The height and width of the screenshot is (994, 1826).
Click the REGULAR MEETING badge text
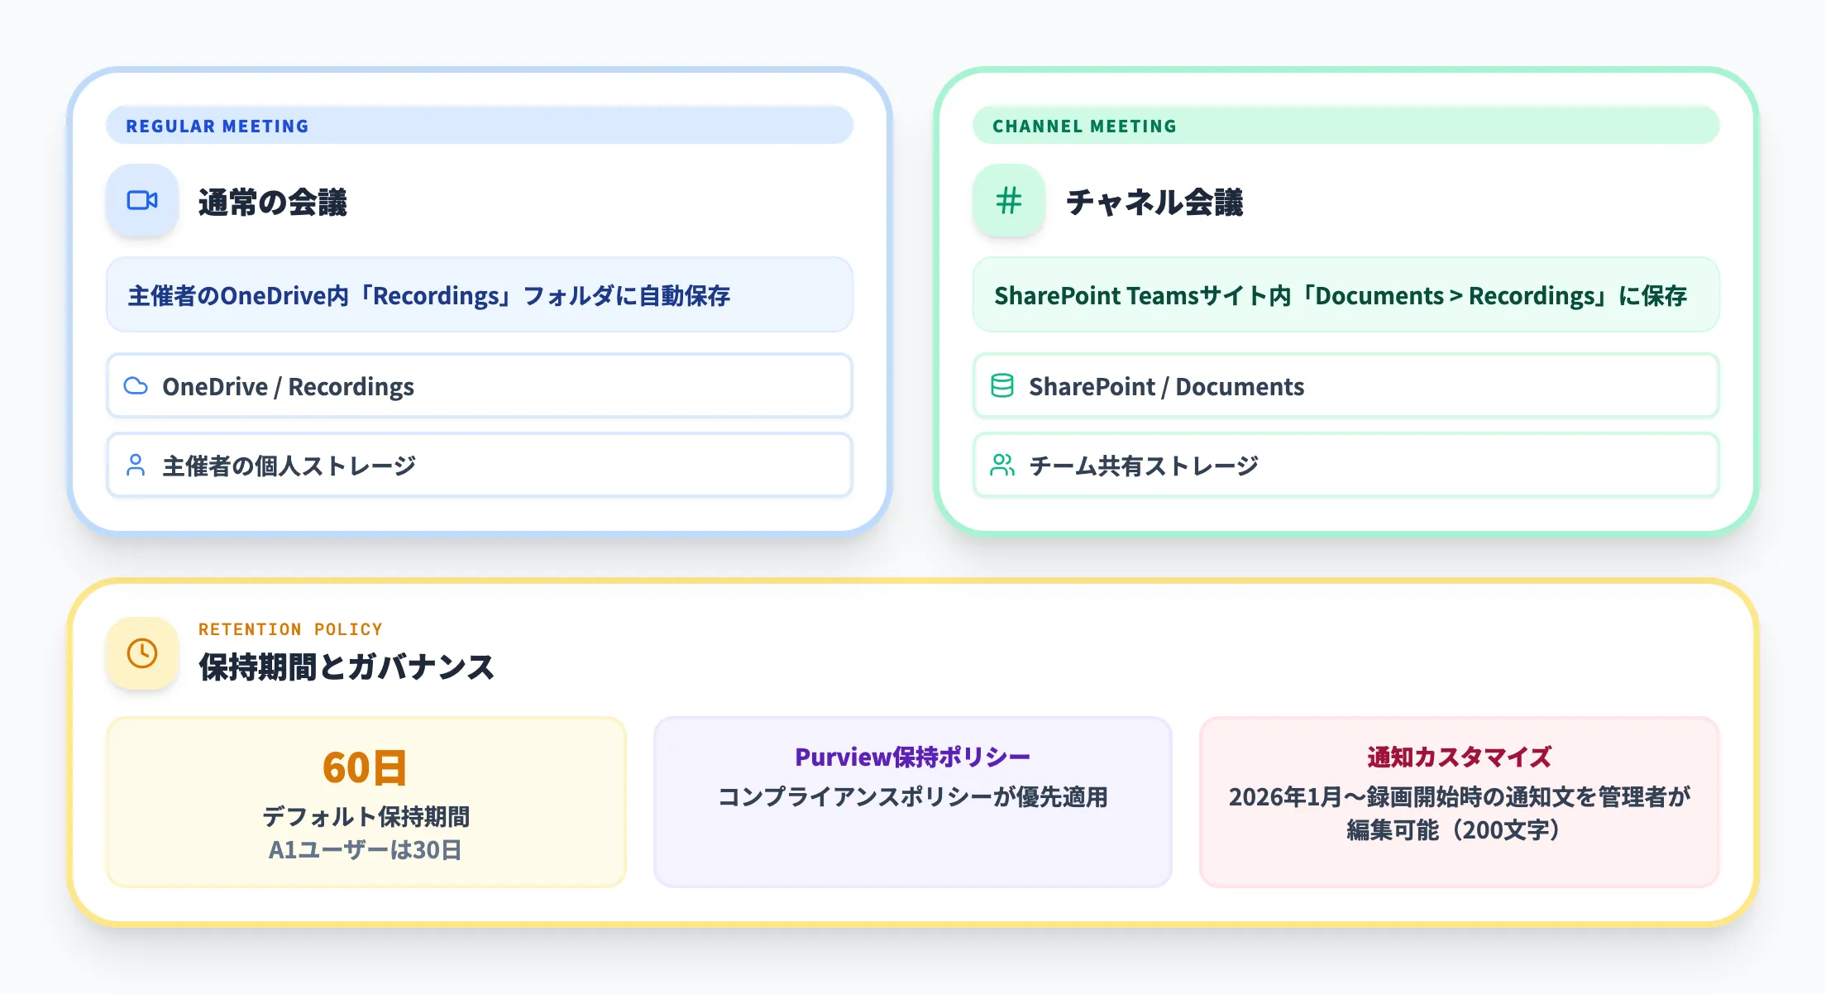(x=217, y=126)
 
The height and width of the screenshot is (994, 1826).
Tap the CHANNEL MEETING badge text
(x=1084, y=126)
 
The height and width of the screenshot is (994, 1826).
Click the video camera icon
(x=142, y=200)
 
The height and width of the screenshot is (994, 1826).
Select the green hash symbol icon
(x=1008, y=200)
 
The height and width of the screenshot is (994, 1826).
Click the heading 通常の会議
(x=272, y=203)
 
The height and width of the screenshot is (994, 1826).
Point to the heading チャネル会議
(x=1154, y=203)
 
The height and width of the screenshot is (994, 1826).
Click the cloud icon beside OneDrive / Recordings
(x=136, y=386)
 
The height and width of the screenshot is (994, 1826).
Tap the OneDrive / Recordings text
(x=288, y=386)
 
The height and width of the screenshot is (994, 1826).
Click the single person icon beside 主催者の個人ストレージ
(x=136, y=466)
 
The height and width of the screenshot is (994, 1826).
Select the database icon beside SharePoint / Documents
(x=1002, y=386)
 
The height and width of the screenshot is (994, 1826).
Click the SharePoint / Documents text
(x=1166, y=386)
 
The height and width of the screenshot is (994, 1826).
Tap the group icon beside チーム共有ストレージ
(x=1002, y=466)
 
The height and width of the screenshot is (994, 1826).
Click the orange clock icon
(x=142, y=653)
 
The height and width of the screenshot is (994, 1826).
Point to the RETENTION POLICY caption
(x=290, y=629)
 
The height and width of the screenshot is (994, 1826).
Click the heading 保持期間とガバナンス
(x=346, y=667)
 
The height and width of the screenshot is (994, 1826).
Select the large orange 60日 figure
(x=365, y=767)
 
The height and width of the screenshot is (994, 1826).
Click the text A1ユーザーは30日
(x=365, y=850)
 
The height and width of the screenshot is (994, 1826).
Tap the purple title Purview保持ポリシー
(x=912, y=757)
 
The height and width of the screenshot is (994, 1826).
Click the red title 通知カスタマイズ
(x=1459, y=757)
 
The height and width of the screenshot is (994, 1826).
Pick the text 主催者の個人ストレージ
(x=289, y=466)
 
